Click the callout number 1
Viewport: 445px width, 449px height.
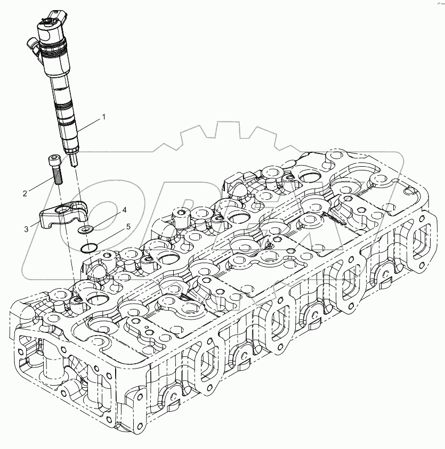click(x=104, y=116)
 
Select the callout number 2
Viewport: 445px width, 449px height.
click(x=25, y=193)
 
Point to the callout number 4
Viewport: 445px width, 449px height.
click(x=124, y=210)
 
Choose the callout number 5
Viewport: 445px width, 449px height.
click(x=128, y=227)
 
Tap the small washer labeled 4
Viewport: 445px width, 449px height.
click(x=84, y=230)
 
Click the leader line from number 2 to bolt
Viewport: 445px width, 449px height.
click(x=41, y=184)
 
